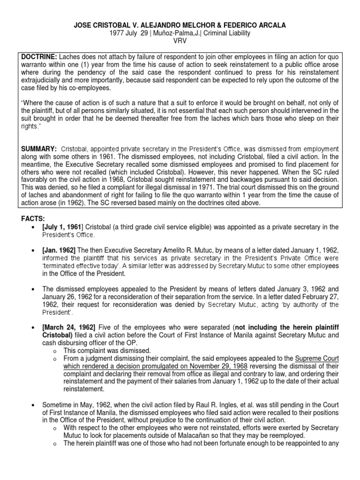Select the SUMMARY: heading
click(x=39, y=149)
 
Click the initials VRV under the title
click(x=180, y=41)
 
